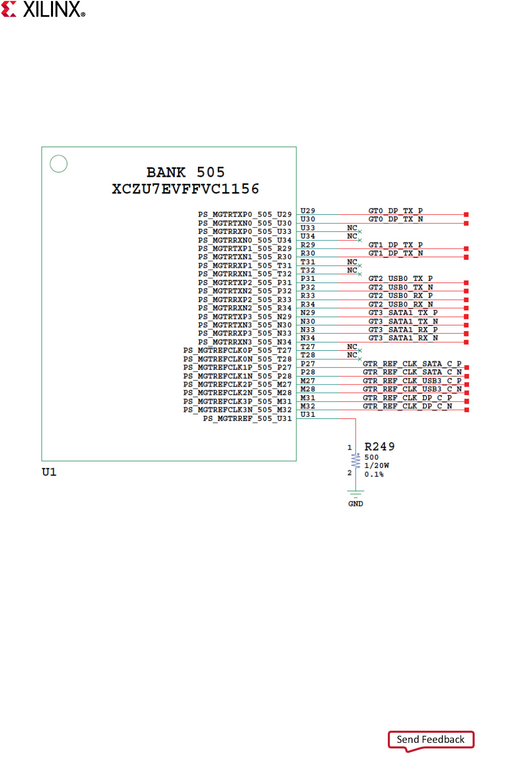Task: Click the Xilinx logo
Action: click(x=43, y=9)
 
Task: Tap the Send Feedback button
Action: click(x=430, y=739)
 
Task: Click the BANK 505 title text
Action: click(x=186, y=172)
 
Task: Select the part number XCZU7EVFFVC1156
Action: click(x=186, y=188)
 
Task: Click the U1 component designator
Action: click(x=49, y=472)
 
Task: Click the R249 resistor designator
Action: click(x=380, y=447)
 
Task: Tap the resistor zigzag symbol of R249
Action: click(x=355, y=460)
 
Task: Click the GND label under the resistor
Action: click(x=355, y=504)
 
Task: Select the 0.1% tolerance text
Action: click(x=374, y=475)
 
